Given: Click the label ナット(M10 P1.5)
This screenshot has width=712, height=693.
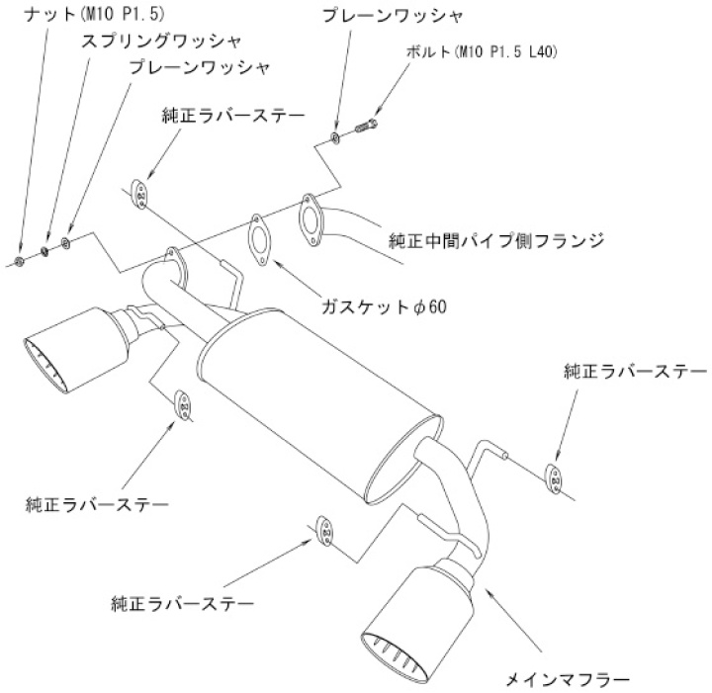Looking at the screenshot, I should (x=56, y=17).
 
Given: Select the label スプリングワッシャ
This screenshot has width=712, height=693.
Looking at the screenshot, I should (x=149, y=42).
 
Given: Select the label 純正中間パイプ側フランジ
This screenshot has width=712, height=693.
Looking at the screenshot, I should (x=496, y=240).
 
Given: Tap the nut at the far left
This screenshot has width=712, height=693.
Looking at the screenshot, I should (x=20, y=261).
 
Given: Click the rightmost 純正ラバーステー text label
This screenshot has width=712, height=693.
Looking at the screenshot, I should (x=634, y=372).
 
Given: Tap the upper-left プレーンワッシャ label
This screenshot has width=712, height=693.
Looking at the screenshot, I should (x=199, y=67).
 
